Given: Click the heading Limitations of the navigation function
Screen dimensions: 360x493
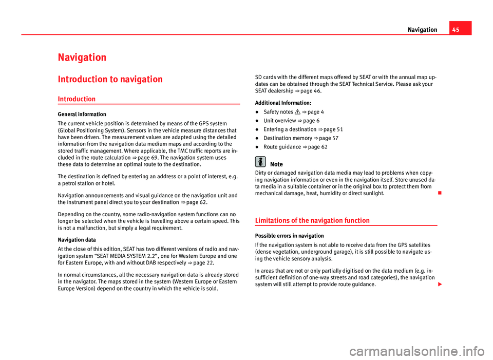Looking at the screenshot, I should (x=312, y=220).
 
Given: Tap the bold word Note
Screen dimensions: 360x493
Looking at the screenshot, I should (x=276, y=164).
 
